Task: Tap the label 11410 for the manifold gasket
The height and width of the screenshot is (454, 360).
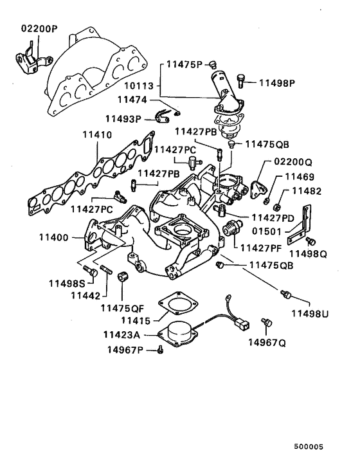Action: tap(96, 136)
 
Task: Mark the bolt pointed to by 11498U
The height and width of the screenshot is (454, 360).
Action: tap(287, 295)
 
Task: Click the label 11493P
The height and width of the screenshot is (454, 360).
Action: tap(124, 118)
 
